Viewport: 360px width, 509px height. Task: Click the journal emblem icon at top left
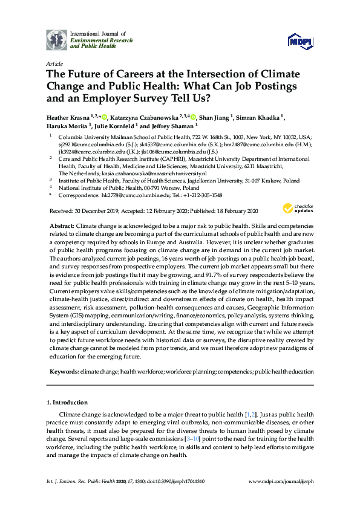click(57, 39)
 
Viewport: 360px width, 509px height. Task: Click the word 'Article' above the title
click(54, 63)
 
